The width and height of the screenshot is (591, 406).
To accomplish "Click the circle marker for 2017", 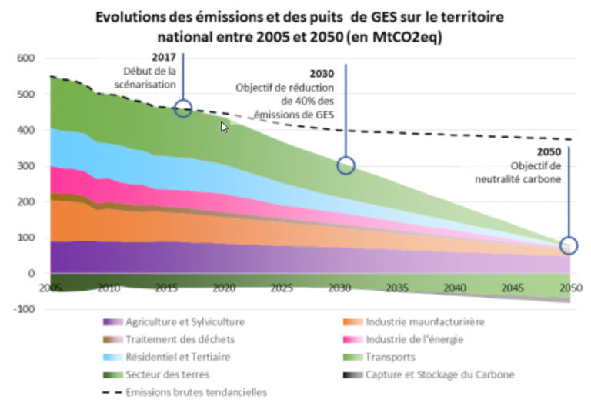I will [x=183, y=108].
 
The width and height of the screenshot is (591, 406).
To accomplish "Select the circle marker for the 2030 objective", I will [x=346, y=165].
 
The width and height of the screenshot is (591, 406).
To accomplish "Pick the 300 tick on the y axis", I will [x=26, y=166].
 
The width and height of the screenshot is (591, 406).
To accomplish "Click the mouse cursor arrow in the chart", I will [x=225, y=127].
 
